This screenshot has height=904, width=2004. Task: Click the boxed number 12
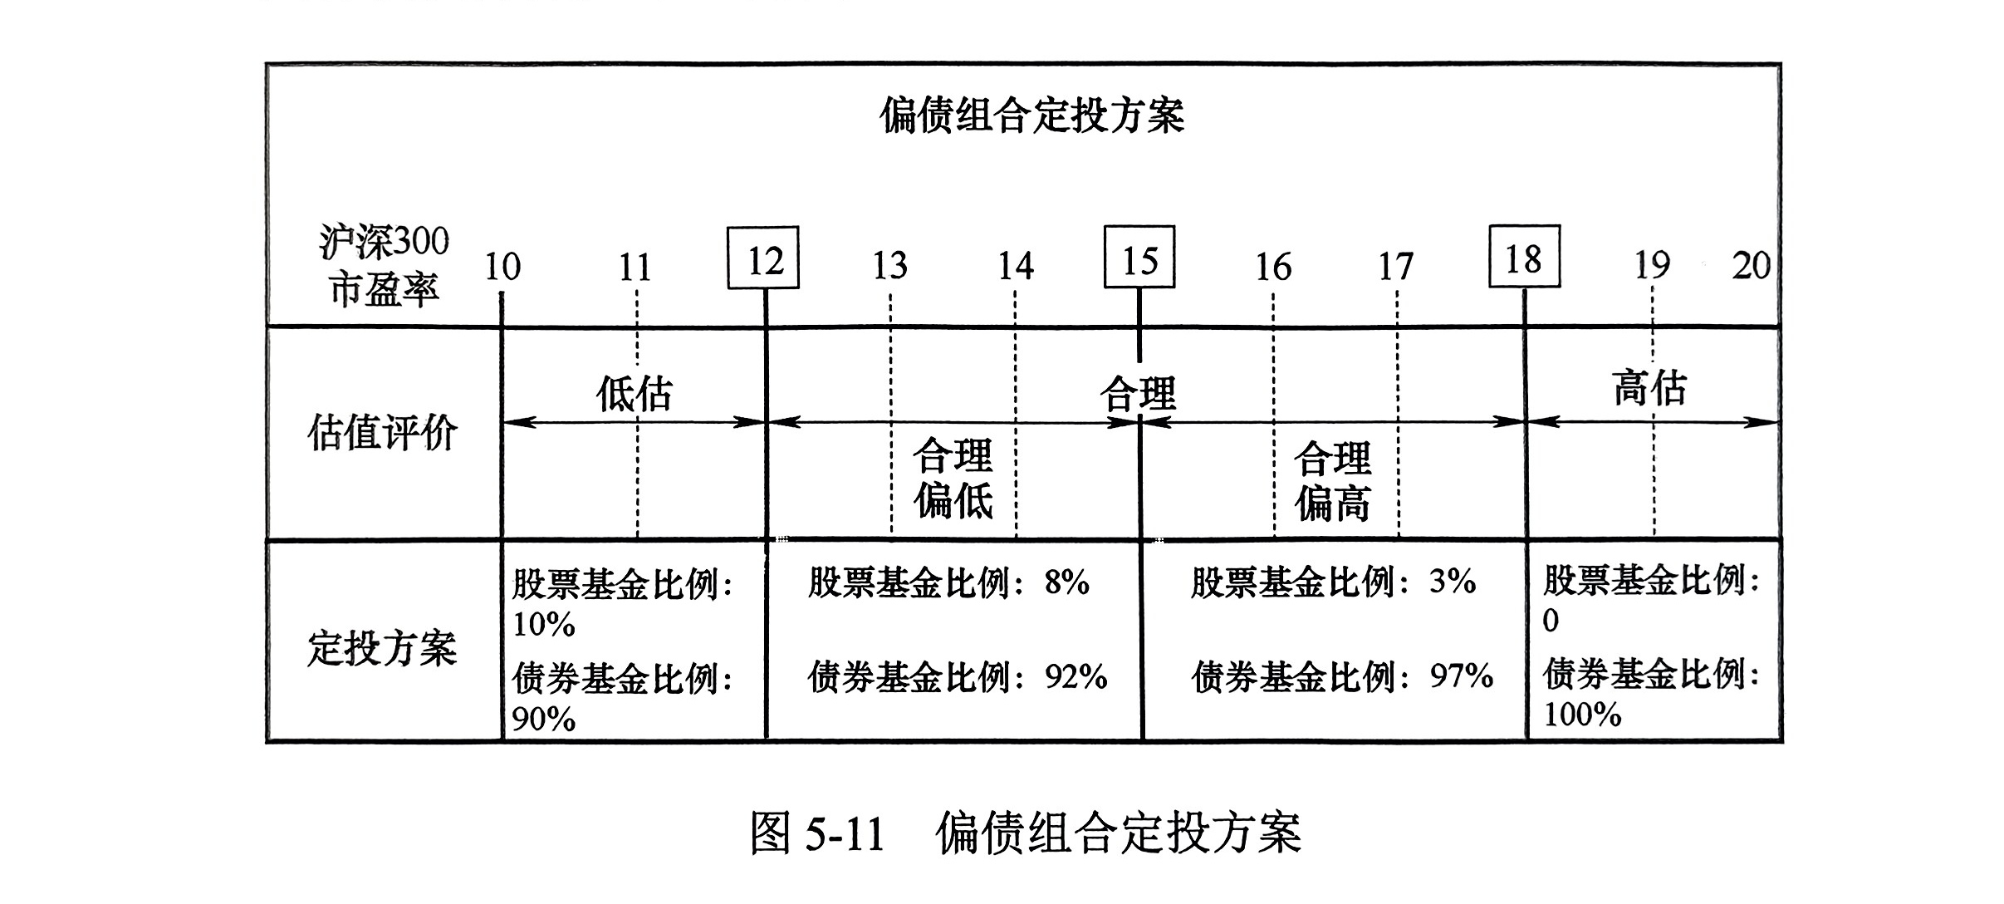pos(763,258)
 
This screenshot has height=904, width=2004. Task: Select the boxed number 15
pos(1139,257)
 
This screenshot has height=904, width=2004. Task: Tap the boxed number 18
pos(1524,257)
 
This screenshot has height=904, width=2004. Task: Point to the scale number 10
pos(502,267)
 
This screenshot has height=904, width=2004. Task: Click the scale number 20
pos(1752,266)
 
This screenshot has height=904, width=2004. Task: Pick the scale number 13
pos(889,266)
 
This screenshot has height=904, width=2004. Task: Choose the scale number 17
pos(1395,267)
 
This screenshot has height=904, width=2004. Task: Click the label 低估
pos(635,393)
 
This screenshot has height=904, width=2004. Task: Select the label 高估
pos(1649,388)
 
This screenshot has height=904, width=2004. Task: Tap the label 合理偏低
pos(953,479)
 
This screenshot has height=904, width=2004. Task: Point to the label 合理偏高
pos(1333,481)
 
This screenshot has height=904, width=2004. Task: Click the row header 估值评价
pos(382,433)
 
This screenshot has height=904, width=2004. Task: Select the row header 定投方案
pos(382,648)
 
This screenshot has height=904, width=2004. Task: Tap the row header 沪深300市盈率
pos(384,266)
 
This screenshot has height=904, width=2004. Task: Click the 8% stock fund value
pos(1067,582)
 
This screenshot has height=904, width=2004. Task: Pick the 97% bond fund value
pos(1462,676)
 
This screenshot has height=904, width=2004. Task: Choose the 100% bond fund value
pos(1582,715)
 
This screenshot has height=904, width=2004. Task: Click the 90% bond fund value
pos(544,719)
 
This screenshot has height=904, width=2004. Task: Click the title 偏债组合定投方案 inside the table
pos(1032,115)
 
